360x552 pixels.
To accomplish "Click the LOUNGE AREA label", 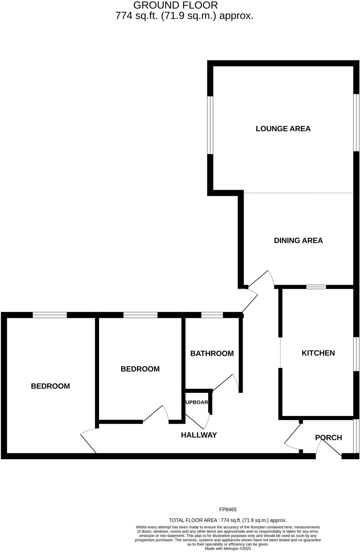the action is point(283,129).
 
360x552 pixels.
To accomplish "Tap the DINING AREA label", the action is point(298,240).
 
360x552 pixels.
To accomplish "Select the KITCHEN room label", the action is point(318,353).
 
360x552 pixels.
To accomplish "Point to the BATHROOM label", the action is point(212,353).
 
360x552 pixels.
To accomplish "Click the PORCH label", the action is point(328,437).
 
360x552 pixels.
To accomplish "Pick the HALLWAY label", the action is point(199,435).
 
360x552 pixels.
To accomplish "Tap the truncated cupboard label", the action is point(197,402).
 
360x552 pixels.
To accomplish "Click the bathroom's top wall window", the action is point(212,315).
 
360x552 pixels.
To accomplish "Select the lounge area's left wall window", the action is point(210,125).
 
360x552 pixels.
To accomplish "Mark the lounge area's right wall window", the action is point(356,122).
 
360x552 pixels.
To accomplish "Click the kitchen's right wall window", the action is point(356,354).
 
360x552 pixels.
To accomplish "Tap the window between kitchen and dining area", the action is point(316,287).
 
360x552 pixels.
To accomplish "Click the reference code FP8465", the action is point(228,509).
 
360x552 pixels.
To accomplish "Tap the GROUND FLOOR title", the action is point(176,5).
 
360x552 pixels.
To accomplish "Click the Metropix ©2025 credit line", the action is point(228,548).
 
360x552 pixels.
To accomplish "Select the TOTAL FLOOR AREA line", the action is point(228,520).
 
